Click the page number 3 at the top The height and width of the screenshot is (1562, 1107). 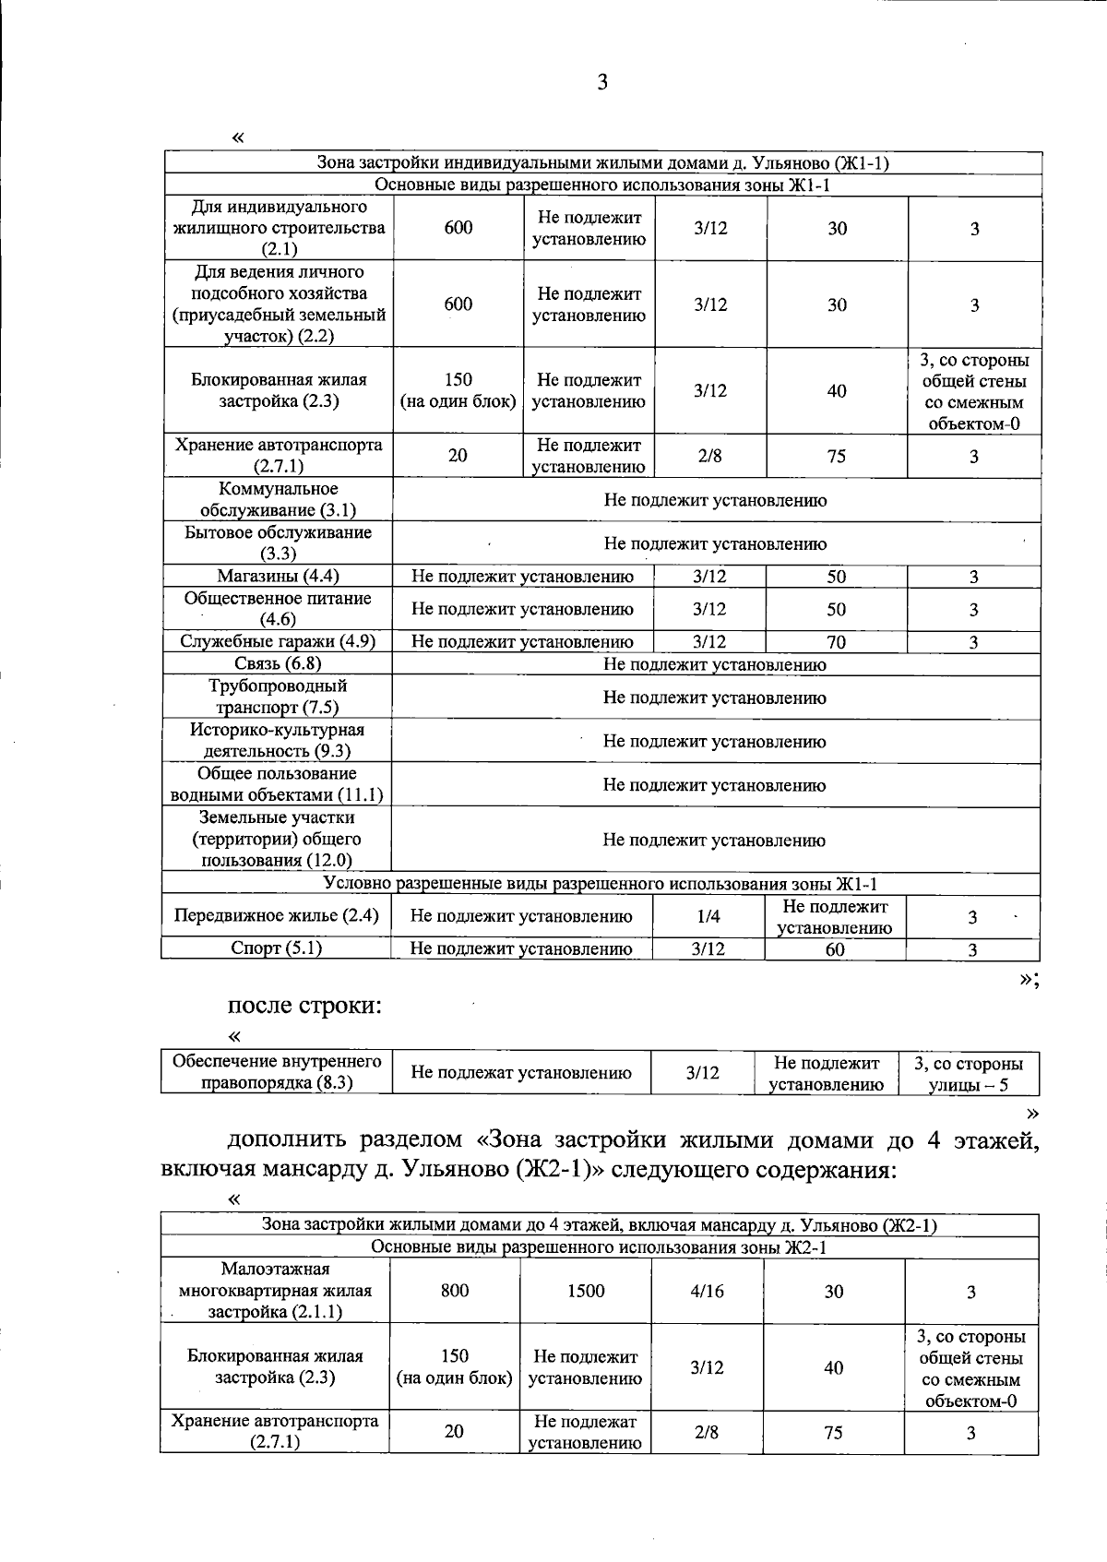click(x=602, y=83)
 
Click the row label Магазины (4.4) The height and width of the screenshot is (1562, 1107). click(x=278, y=577)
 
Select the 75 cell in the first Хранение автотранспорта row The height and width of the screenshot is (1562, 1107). click(x=836, y=456)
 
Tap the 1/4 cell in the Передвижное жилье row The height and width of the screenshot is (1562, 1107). click(x=708, y=916)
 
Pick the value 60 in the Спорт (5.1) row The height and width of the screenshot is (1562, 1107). click(x=834, y=948)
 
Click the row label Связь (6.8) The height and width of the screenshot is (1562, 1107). click(x=278, y=663)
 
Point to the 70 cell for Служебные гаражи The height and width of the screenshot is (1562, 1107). click(x=836, y=642)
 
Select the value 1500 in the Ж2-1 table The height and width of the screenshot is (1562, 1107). click(x=585, y=1291)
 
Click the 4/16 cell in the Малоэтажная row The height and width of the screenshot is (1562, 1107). click(x=707, y=1291)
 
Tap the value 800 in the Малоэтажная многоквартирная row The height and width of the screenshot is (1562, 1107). click(x=455, y=1291)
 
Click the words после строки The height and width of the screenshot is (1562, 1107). click(x=304, y=1005)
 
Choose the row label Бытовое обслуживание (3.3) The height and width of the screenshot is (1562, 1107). click(x=278, y=543)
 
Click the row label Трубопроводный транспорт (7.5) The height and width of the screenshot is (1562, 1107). click(x=278, y=697)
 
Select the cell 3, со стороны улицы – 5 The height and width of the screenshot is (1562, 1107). click(x=968, y=1074)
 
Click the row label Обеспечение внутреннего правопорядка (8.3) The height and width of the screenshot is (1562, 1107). click(x=277, y=1072)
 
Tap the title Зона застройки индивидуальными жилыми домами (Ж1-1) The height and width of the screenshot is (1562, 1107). click(x=602, y=163)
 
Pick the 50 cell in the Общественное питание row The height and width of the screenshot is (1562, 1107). click(x=836, y=609)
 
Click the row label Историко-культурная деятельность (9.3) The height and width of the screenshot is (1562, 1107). click(x=278, y=740)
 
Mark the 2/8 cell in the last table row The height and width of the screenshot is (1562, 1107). click(x=707, y=1431)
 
